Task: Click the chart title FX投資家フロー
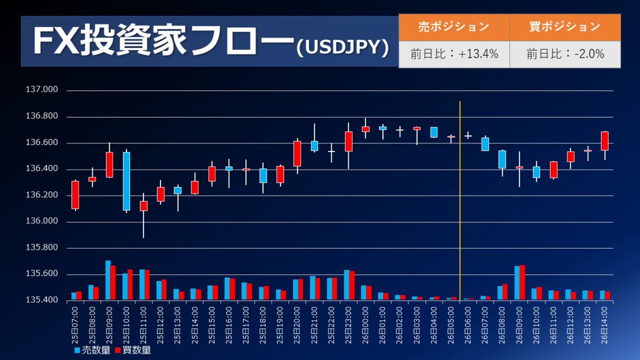click(163, 41)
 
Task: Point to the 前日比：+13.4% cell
click(454, 54)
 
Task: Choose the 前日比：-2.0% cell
click(565, 54)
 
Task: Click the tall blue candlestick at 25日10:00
click(126, 181)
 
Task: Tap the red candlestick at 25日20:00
click(297, 154)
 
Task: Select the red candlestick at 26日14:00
click(604, 141)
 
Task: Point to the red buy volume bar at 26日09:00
click(522, 283)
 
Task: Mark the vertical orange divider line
click(460, 203)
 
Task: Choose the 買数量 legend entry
click(133, 350)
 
